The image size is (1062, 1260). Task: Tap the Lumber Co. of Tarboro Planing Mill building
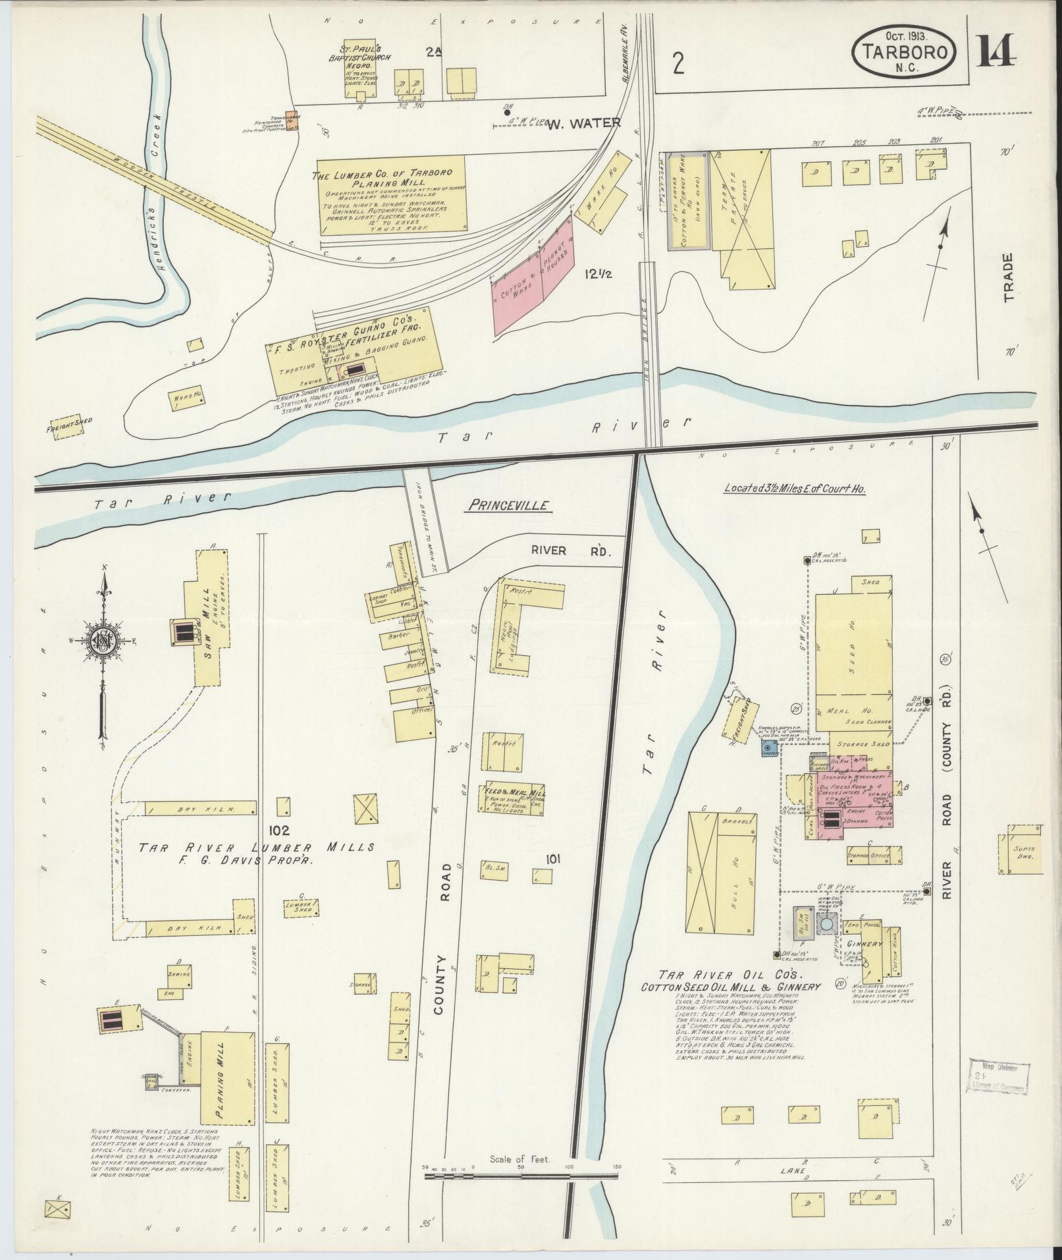392,194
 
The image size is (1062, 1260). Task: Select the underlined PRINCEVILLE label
509,505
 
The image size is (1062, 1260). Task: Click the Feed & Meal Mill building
516,799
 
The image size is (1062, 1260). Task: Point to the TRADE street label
1009,277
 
